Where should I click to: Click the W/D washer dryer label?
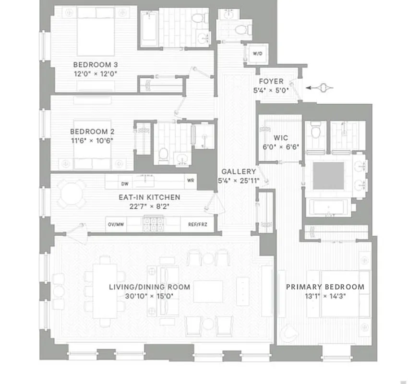pos(257,54)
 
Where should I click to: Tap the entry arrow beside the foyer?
pos(319,88)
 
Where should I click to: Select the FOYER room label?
pos(271,82)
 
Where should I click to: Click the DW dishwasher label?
pos(125,183)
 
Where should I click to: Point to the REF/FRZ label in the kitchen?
pos(197,224)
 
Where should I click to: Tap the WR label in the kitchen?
pos(191,181)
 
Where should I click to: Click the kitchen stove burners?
pos(153,222)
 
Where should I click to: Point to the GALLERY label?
pos(239,171)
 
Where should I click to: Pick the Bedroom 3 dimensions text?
pos(96,73)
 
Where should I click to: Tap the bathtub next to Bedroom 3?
pos(149,28)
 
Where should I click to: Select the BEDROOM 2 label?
pos(92,132)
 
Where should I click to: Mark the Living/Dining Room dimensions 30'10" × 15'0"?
pos(149,296)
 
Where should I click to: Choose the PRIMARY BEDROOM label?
pos(325,287)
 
